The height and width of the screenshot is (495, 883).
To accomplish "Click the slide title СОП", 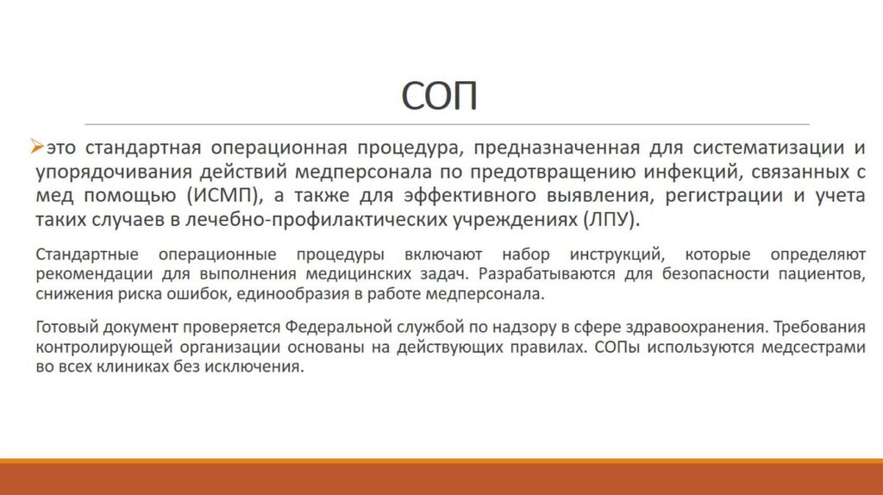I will [x=441, y=97].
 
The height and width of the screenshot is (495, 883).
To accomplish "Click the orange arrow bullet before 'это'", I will [x=36, y=147].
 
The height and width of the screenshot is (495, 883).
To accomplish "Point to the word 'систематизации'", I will [x=754, y=148].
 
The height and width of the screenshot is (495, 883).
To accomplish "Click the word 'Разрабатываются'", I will [x=539, y=274].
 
